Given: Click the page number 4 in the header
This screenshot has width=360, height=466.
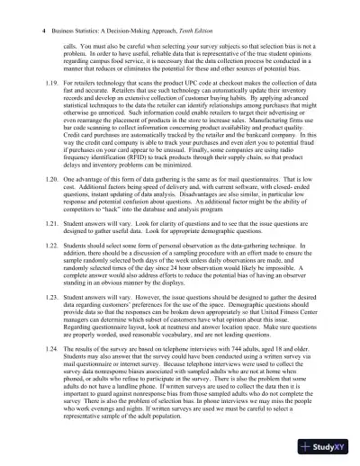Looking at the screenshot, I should tap(20, 30).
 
